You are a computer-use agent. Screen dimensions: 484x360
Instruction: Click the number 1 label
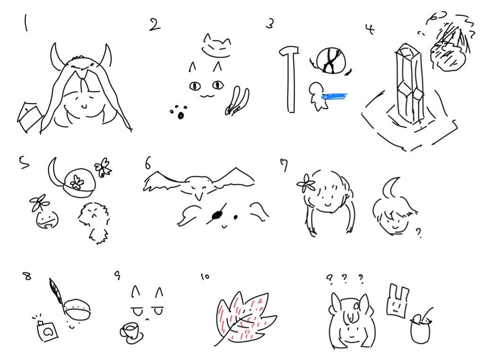(x=26, y=23)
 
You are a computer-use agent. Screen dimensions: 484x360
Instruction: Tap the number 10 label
(x=205, y=276)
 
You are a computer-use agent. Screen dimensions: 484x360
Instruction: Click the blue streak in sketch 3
(x=334, y=97)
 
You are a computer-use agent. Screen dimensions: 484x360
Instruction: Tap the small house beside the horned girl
(x=29, y=117)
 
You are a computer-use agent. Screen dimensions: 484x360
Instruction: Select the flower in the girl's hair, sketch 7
(x=306, y=183)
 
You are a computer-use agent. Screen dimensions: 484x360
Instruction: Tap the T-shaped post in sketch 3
(x=290, y=79)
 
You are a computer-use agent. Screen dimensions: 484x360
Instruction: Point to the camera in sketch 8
(x=47, y=331)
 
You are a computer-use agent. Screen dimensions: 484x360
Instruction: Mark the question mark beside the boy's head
(x=418, y=233)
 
